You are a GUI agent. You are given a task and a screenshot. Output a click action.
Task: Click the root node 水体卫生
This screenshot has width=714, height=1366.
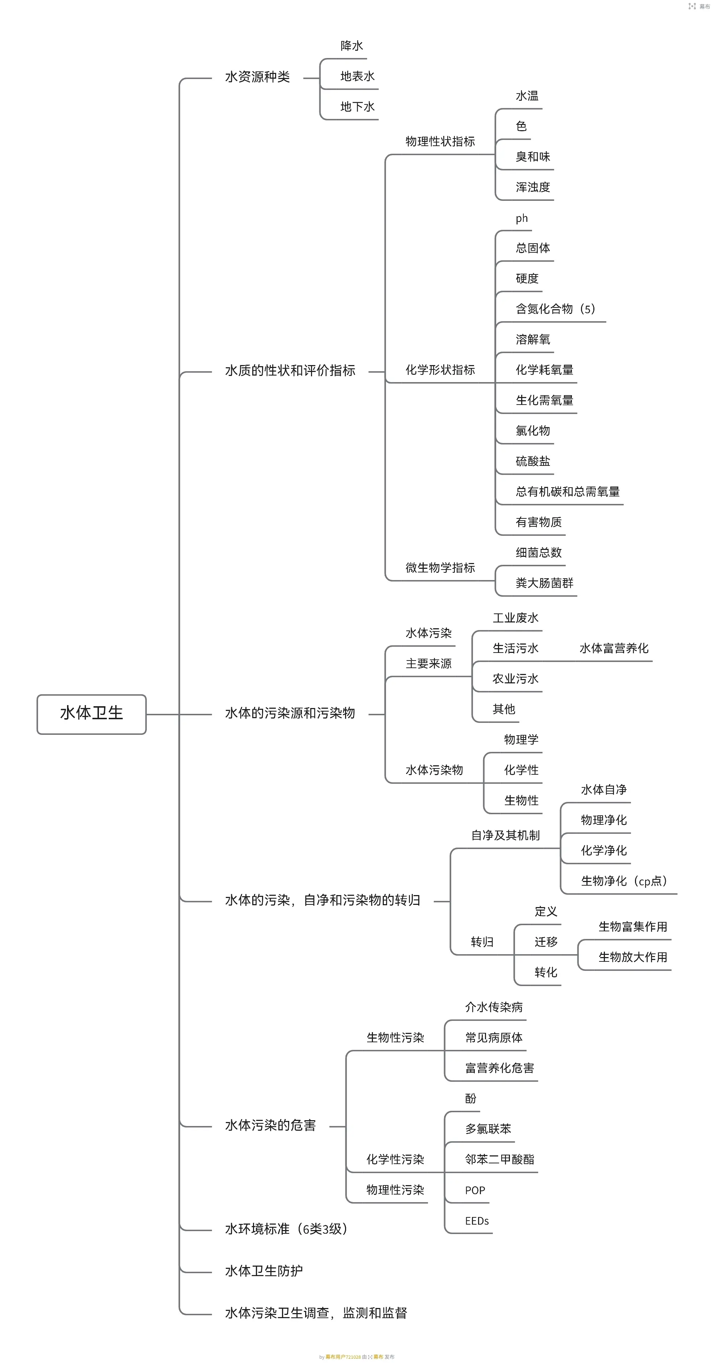(x=91, y=713)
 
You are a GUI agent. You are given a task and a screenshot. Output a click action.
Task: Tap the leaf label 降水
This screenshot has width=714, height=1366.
(x=352, y=46)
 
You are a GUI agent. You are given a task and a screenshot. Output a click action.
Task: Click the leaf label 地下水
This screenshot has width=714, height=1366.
(x=357, y=107)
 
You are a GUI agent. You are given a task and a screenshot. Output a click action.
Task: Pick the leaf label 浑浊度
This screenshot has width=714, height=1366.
(x=533, y=187)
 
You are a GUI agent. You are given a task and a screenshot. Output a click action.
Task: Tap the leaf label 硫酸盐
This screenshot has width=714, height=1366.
(x=533, y=461)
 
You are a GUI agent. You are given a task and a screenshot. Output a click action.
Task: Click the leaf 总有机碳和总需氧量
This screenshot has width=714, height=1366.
(x=567, y=492)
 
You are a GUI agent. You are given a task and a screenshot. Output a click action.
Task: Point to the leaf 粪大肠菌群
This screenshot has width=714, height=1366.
(x=544, y=583)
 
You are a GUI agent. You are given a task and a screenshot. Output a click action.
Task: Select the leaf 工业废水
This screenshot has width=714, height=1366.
(x=515, y=618)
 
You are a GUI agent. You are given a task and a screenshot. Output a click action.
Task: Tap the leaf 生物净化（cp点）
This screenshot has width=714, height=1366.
(x=623, y=881)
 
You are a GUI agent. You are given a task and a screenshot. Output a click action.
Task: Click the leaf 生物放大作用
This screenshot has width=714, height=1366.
(x=632, y=957)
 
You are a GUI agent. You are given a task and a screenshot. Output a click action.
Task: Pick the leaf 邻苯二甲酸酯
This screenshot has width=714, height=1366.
(x=499, y=1160)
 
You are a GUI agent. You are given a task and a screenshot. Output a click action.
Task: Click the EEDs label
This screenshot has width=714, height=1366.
(x=477, y=1221)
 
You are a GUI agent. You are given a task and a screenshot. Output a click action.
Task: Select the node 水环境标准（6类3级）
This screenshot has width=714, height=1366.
(x=286, y=1229)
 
